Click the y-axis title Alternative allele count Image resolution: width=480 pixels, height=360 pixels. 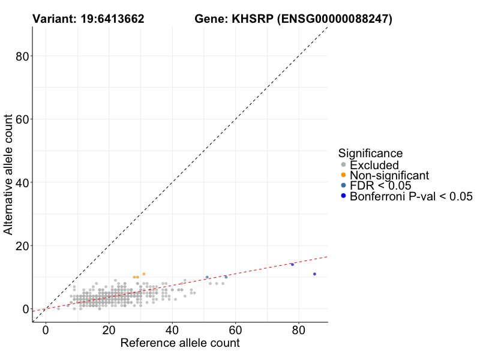tap(9, 175)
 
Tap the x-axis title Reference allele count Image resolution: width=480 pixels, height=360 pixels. tap(180, 343)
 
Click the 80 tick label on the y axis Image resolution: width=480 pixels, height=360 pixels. tap(22, 56)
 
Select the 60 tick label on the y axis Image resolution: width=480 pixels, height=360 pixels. tap(22, 119)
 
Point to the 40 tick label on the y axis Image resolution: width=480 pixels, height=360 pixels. tap(22, 182)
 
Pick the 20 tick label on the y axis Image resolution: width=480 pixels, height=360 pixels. tap(22, 245)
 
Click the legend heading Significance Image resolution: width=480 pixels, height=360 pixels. tap(370, 153)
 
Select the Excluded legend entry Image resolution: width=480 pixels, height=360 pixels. tap(374, 165)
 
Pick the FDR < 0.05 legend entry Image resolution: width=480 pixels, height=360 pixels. tap(380, 185)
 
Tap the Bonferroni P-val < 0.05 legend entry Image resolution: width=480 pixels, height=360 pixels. tap(411, 196)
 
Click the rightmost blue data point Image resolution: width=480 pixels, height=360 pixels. tap(314, 274)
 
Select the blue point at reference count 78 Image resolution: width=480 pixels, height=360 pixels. tap(292, 265)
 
